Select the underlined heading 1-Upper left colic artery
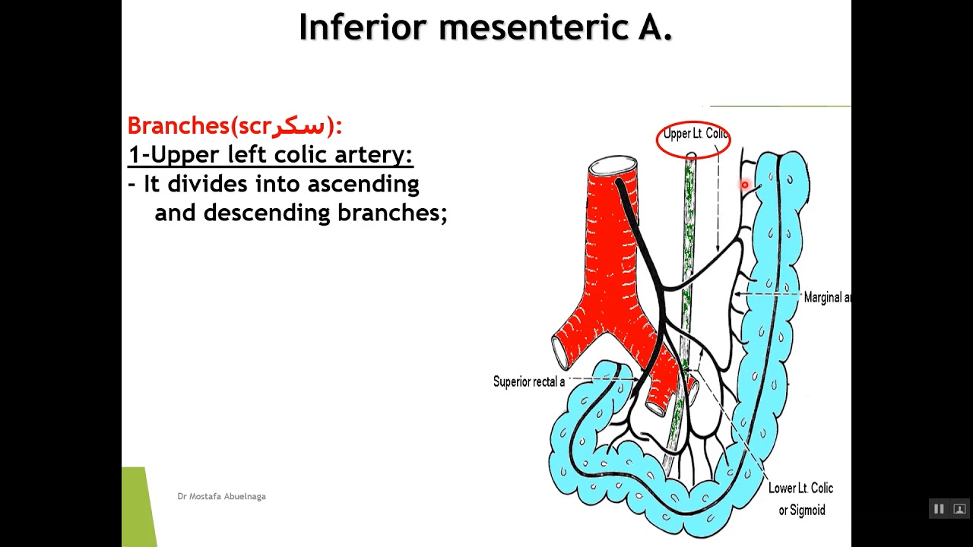270,155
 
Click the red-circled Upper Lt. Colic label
693,134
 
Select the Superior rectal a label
528,381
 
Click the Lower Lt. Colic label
800,489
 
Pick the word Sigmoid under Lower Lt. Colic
808,511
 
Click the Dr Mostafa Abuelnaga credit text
221,496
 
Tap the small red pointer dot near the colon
745,185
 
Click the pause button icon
939,509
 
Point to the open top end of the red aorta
613,166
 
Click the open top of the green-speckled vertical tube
691,157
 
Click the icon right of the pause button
959,509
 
